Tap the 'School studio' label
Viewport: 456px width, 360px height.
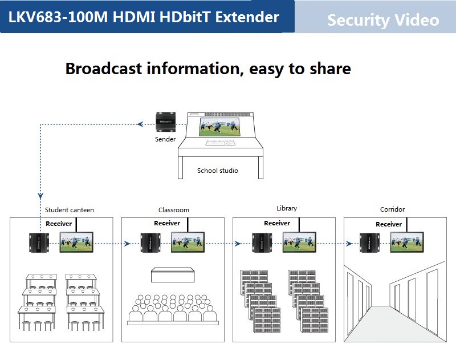click(217, 171)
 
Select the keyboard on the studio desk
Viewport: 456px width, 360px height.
click(219, 143)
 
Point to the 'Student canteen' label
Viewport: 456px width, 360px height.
click(70, 210)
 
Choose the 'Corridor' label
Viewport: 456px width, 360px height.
click(392, 210)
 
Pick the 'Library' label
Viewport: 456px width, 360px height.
click(286, 209)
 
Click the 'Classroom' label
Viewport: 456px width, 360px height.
click(174, 210)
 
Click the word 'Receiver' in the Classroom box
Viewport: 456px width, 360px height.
click(167, 223)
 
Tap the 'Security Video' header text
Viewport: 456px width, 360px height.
click(383, 21)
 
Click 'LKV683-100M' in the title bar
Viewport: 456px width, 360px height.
click(57, 17)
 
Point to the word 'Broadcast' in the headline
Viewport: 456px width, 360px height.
click(103, 68)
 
